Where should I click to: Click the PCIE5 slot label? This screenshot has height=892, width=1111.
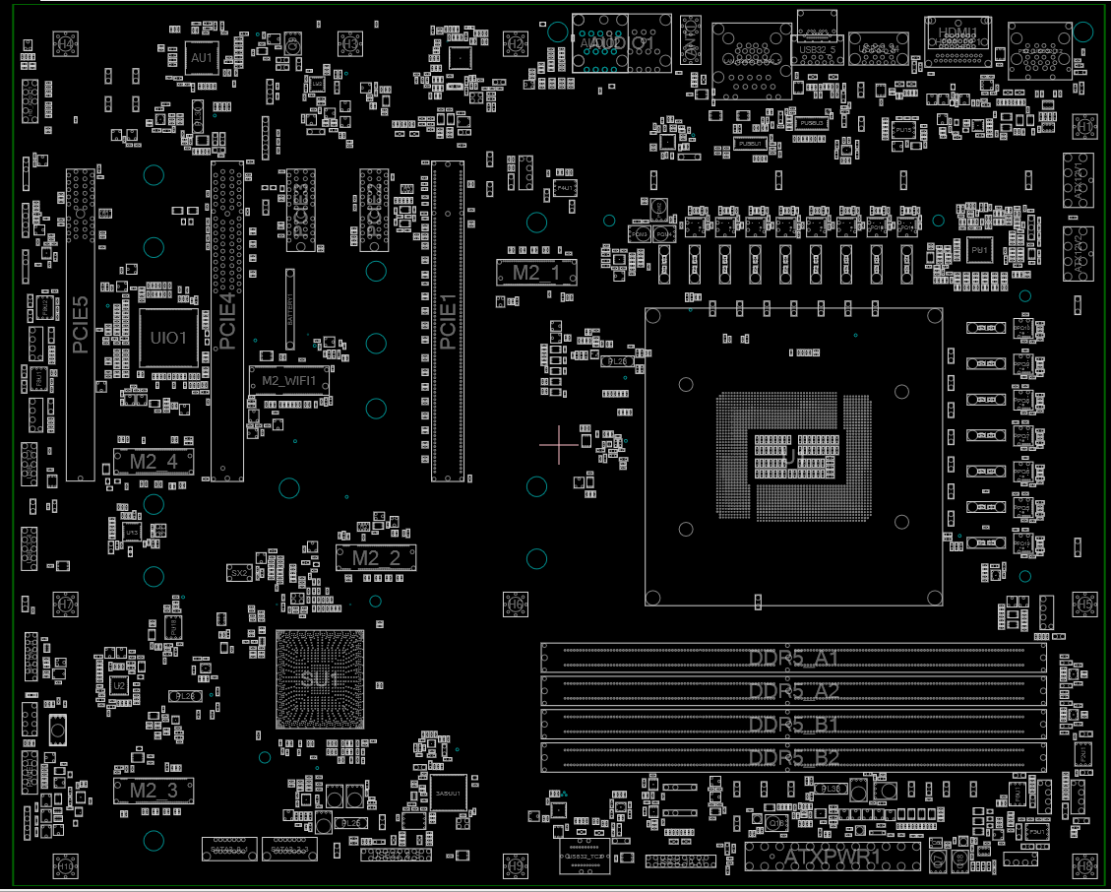click(81, 324)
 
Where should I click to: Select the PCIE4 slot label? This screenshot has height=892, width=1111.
click(226, 322)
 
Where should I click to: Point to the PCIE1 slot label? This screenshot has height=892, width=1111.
click(447, 322)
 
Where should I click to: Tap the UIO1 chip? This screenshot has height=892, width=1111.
click(167, 338)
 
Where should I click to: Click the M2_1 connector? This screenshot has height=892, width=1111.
click(535, 273)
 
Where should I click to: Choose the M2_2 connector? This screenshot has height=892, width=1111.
click(376, 558)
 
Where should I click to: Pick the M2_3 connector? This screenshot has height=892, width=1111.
click(154, 791)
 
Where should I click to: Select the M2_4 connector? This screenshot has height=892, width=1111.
click(154, 461)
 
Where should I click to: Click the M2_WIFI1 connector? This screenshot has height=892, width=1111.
click(288, 380)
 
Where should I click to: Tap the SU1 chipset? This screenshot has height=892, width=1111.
click(320, 679)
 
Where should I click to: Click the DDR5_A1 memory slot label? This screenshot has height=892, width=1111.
click(793, 658)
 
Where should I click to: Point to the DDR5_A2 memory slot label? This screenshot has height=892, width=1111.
click(793, 690)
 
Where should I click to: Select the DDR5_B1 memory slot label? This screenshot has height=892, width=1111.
click(793, 726)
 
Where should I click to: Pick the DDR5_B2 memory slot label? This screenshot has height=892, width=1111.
click(793, 758)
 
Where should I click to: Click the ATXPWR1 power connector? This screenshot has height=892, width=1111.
click(832, 858)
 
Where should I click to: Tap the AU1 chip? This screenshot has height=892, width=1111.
click(202, 59)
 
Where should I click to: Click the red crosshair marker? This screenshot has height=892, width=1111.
click(559, 445)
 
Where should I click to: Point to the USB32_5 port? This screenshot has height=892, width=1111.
click(818, 48)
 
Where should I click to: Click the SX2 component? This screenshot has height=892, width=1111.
click(239, 572)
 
